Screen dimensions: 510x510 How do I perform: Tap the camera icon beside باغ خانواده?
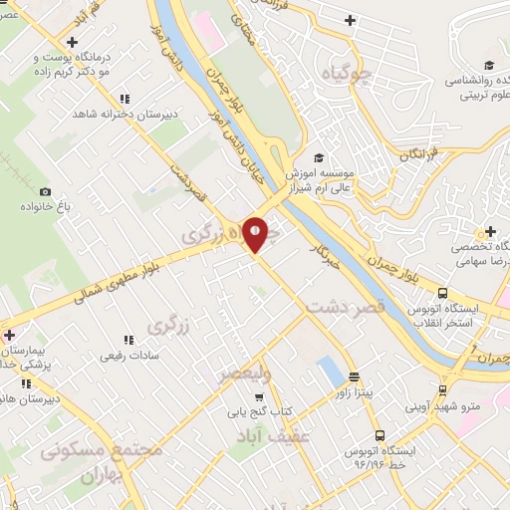[x=45, y=191]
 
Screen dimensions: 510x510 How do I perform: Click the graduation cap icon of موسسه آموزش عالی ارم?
[x=319, y=157]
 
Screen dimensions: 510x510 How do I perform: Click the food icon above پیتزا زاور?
[x=356, y=377]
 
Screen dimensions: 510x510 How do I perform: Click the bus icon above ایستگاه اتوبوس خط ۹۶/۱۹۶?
[x=380, y=435]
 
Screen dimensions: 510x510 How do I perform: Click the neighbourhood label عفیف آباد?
[x=274, y=436]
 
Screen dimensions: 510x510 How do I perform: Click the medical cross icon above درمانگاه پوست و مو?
[x=72, y=42]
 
